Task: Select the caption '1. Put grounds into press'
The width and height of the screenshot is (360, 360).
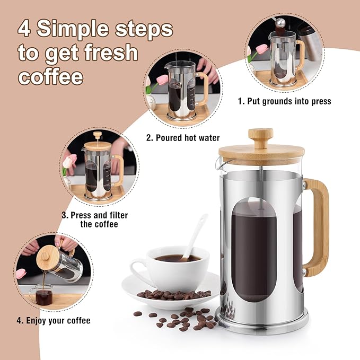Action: [x=284, y=101]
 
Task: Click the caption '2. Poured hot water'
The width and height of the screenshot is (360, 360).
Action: [x=183, y=138]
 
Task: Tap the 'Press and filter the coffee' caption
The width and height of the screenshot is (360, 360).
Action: [x=94, y=219]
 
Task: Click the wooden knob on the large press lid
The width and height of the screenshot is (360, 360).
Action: [x=260, y=137]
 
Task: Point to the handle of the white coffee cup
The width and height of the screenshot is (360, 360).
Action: [x=138, y=266]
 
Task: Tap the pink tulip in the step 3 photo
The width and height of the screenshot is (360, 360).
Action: [x=68, y=162]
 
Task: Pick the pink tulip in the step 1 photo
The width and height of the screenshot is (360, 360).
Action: [x=261, y=50]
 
